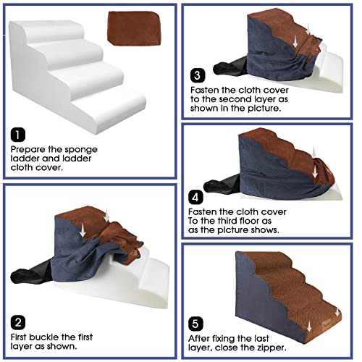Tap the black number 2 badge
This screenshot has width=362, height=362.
click(x=17, y=321)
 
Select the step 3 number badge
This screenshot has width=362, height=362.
click(x=196, y=75)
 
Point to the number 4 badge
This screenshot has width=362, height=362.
click(x=196, y=195)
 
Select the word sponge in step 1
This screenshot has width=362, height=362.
click(x=80, y=148)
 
